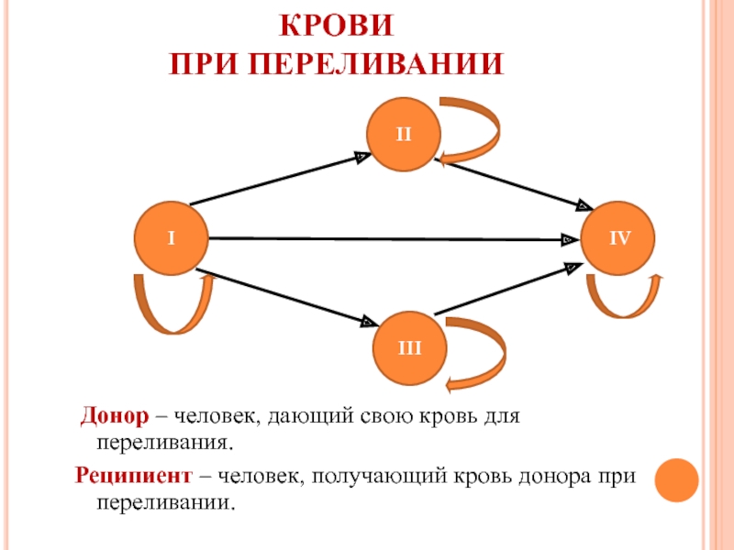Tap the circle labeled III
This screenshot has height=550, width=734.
[x=409, y=347]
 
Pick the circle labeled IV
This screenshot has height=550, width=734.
[x=619, y=237]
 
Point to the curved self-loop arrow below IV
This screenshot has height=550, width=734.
[x=624, y=298]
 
